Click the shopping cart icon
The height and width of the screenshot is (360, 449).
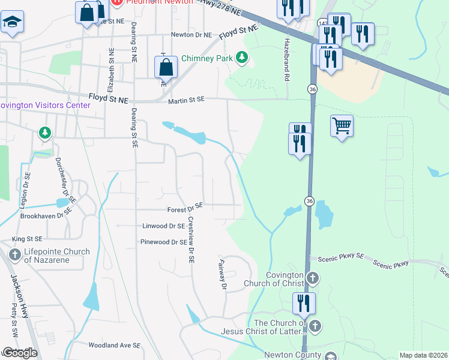(x=342, y=126)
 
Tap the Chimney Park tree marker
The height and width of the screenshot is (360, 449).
(x=241, y=58)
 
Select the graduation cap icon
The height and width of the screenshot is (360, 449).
(x=11, y=23)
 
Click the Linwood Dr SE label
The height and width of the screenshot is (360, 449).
(x=163, y=226)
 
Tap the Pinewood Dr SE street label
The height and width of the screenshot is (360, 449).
(x=163, y=242)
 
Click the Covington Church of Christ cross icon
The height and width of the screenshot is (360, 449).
(x=312, y=278)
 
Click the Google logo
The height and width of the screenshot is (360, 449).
(x=19, y=353)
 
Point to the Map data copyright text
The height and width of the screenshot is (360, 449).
(x=424, y=355)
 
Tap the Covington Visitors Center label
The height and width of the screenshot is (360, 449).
(x=45, y=106)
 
